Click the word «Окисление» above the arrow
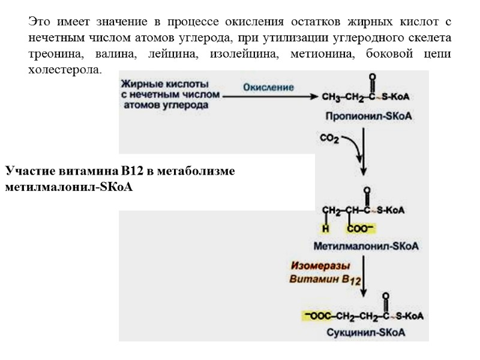pos(268,87)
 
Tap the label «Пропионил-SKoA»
pos(368,115)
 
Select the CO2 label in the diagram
pos(329,139)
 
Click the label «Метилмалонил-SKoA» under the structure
pos(366,246)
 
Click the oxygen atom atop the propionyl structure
pos(373,77)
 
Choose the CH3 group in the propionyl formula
pos(333,97)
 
